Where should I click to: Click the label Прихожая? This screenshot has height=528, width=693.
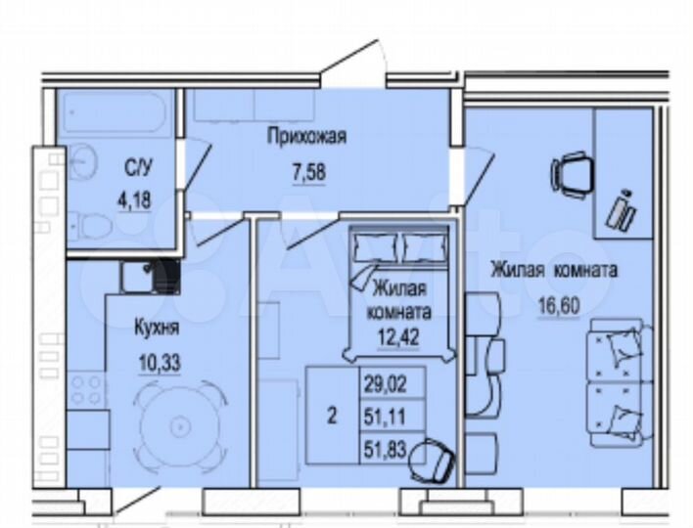pyautogui.click(x=307, y=138)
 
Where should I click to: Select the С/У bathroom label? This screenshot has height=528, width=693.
pyautogui.click(x=137, y=168)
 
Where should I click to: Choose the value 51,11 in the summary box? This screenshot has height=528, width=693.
pyautogui.click(x=382, y=418)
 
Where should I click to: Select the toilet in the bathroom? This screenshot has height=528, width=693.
pyautogui.click(x=95, y=226)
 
